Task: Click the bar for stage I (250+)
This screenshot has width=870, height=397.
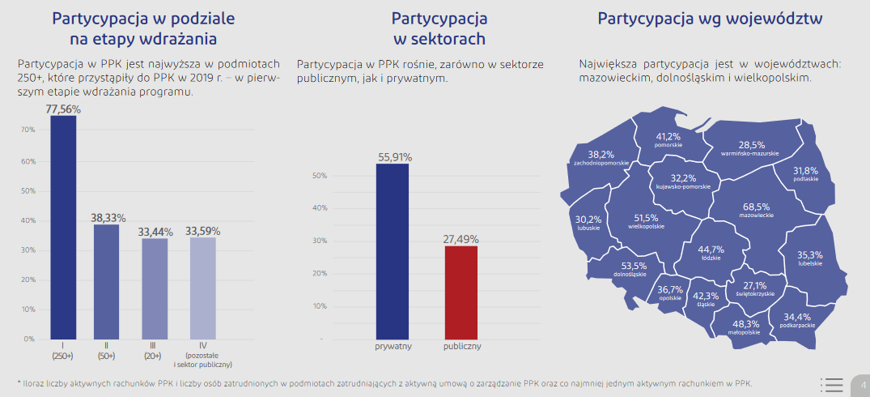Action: pos(63,227)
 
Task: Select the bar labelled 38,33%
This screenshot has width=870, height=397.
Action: pos(106,281)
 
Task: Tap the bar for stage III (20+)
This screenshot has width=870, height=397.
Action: pos(155,288)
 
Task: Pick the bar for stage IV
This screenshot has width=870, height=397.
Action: pos(202,288)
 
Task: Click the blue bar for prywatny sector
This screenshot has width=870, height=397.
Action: pos(393,251)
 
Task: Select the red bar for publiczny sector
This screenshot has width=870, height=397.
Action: pos(461,292)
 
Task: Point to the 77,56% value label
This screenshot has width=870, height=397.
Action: pos(63,109)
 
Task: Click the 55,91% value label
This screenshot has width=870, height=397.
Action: pos(394,157)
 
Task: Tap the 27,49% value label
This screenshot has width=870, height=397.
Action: pos(461,239)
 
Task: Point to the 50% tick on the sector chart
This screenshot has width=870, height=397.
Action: pos(319,176)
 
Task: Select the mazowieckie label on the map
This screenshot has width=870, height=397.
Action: pos(756,216)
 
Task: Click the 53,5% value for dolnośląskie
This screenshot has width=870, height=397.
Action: pos(634,265)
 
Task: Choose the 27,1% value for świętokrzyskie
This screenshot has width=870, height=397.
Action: pos(754,285)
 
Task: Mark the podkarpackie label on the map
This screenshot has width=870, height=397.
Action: pos(797,325)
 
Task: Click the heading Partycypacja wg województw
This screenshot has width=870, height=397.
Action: pos(711,19)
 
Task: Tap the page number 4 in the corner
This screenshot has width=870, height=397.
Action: pos(863,384)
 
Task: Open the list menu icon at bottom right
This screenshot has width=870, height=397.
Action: pos(831,385)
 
